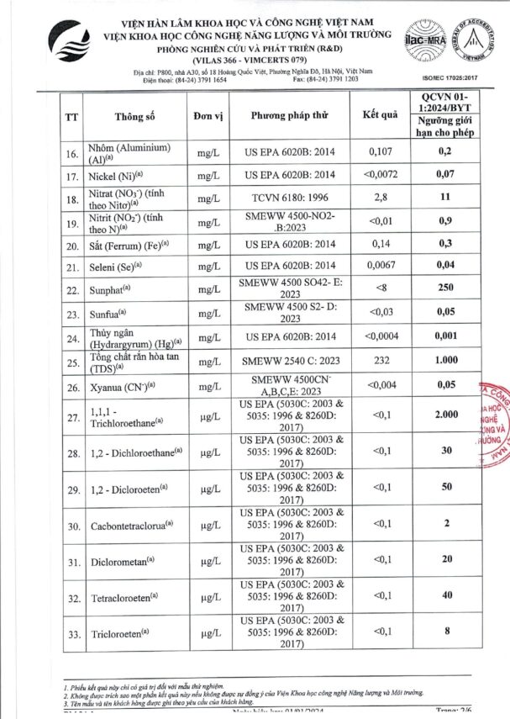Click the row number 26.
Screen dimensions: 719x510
[72, 389]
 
